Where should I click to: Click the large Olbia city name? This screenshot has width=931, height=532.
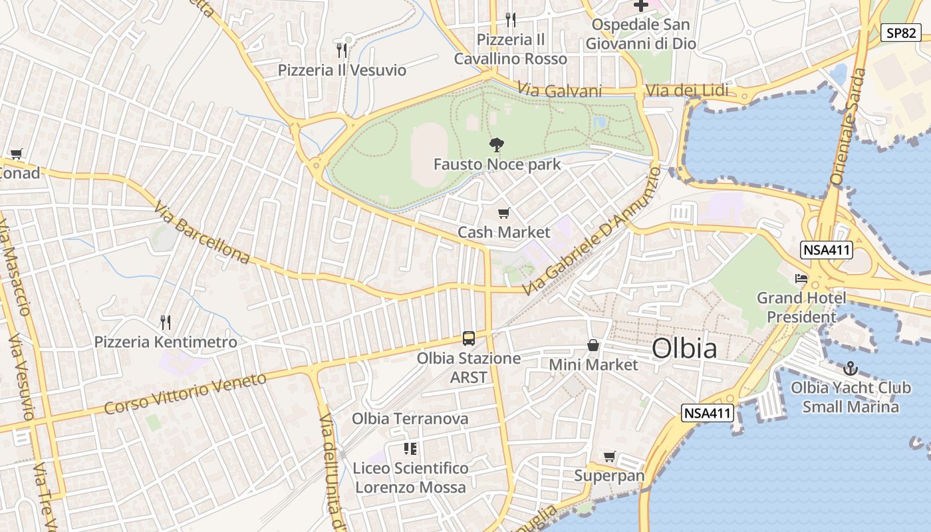(684, 348)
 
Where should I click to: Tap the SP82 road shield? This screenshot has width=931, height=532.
(901, 33)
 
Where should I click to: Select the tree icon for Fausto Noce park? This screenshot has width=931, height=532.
(495, 144)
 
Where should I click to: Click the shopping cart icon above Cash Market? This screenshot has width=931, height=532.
(504, 213)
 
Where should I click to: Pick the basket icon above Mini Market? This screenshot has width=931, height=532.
(593, 345)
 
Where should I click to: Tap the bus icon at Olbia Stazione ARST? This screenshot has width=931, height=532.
(468, 338)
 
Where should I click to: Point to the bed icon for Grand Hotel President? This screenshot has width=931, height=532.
(801, 278)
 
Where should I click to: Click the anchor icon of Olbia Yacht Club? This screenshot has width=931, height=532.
(850, 368)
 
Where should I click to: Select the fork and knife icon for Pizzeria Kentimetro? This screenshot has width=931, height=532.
(166, 323)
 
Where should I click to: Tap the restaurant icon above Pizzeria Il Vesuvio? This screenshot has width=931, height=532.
(342, 50)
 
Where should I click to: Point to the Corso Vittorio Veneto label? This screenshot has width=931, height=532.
(185, 394)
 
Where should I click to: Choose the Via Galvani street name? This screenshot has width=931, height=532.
(559, 91)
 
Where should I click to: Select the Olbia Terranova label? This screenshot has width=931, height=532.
(410, 419)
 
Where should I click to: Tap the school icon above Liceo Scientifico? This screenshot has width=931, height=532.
(410, 449)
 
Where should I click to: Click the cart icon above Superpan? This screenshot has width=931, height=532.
(609, 456)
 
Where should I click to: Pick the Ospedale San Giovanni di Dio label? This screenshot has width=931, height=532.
(640, 34)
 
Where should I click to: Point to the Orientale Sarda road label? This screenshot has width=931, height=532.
(849, 126)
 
